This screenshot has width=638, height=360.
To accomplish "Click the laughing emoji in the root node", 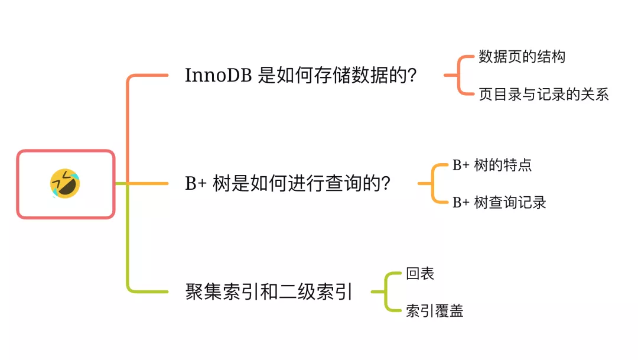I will tap(65, 183).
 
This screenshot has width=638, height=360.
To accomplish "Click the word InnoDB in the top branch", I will tap(219, 76).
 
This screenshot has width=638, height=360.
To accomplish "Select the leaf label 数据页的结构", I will tap(522, 57).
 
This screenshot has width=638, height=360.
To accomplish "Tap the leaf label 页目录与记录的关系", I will tap(543, 94).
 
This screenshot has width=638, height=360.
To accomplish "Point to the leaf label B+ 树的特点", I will tap(491, 165).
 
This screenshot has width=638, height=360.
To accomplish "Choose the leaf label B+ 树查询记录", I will tap(499, 202).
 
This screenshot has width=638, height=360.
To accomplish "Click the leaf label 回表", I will tap(420, 274).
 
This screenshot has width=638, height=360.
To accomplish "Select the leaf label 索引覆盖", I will tap(434, 311).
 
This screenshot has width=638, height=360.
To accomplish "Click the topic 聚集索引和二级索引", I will tap(269, 292).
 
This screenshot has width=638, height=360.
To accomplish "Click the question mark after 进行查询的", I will tap(385, 184).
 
